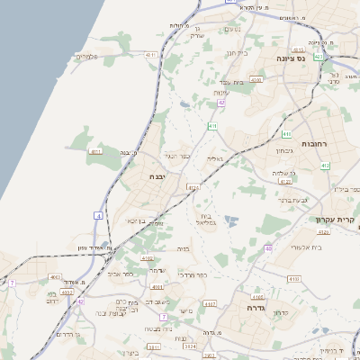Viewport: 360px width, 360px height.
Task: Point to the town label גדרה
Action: (244, 307)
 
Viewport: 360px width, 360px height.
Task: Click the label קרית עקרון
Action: (332, 220)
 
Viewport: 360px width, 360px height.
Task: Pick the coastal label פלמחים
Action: (87, 58)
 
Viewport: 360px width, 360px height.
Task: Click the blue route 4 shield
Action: (98, 215)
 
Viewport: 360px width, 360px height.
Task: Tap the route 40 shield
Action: (268, 247)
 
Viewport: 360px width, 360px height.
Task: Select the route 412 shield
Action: (325, 166)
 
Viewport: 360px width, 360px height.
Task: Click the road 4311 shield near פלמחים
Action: (150, 55)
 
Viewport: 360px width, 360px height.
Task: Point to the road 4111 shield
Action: (96, 152)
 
